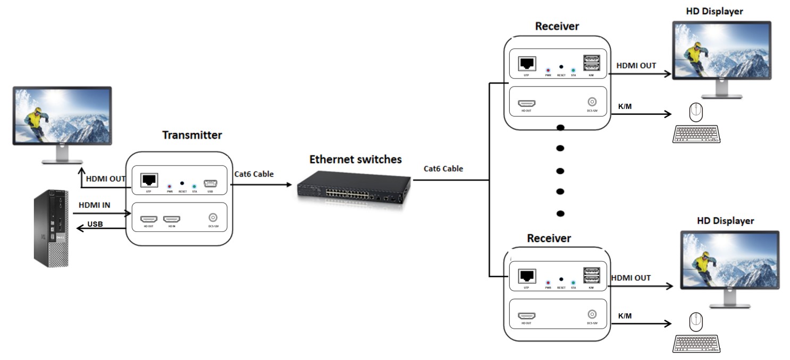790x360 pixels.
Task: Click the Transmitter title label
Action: (x=192, y=135)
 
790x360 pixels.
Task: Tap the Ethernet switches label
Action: (x=356, y=159)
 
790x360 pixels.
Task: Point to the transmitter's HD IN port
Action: (x=171, y=219)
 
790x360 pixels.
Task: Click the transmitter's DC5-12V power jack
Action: (x=213, y=218)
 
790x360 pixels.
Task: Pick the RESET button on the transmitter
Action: (x=182, y=181)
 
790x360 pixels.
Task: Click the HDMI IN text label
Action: (x=94, y=205)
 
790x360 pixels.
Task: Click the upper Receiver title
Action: (x=557, y=26)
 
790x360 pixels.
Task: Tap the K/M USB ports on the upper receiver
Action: (x=591, y=63)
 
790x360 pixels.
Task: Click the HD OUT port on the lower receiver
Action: (x=526, y=316)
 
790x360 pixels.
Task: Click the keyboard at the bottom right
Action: (x=695, y=343)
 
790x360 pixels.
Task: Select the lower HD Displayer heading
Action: (x=725, y=220)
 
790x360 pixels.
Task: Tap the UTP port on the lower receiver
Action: (x=526, y=276)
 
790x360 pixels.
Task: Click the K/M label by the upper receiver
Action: (x=625, y=107)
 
